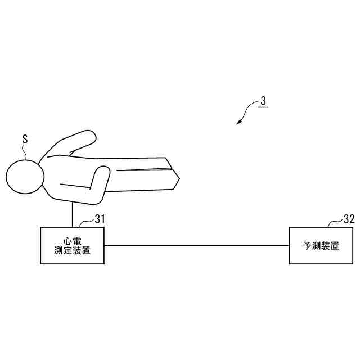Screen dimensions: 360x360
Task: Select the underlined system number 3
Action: coord(263,102)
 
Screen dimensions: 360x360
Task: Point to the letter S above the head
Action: coord(24,138)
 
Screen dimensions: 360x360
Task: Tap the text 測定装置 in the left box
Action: coord(73,251)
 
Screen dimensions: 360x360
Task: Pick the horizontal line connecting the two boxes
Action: coord(197,246)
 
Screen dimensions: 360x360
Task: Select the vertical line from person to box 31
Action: coord(73,214)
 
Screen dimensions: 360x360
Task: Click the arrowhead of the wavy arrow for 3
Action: coord(238,121)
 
